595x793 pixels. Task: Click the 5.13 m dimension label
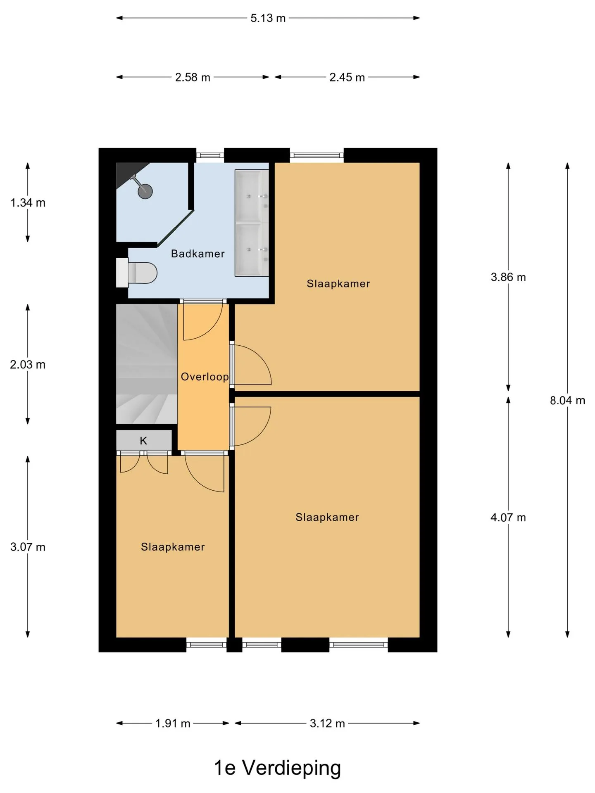(x=268, y=18)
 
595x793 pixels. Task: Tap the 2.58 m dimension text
(x=193, y=77)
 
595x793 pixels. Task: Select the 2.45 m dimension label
(x=347, y=77)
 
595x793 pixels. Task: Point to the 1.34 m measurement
(x=28, y=203)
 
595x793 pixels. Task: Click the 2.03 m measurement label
(x=28, y=365)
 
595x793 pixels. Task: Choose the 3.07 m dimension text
(x=28, y=547)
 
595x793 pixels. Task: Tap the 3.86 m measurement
(x=508, y=277)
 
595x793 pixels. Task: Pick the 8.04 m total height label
(x=567, y=400)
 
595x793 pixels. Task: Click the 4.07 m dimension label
(x=508, y=518)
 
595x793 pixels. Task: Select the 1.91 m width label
(x=173, y=723)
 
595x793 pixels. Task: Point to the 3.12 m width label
(x=327, y=723)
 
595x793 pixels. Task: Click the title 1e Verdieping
(x=277, y=768)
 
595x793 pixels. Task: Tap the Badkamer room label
(x=198, y=254)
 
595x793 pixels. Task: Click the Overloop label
(x=205, y=377)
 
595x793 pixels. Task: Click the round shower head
(x=145, y=191)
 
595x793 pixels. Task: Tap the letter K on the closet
(x=143, y=441)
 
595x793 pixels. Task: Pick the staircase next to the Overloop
(x=147, y=364)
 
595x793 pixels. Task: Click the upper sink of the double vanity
(x=252, y=196)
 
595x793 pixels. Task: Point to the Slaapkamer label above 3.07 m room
(x=173, y=547)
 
